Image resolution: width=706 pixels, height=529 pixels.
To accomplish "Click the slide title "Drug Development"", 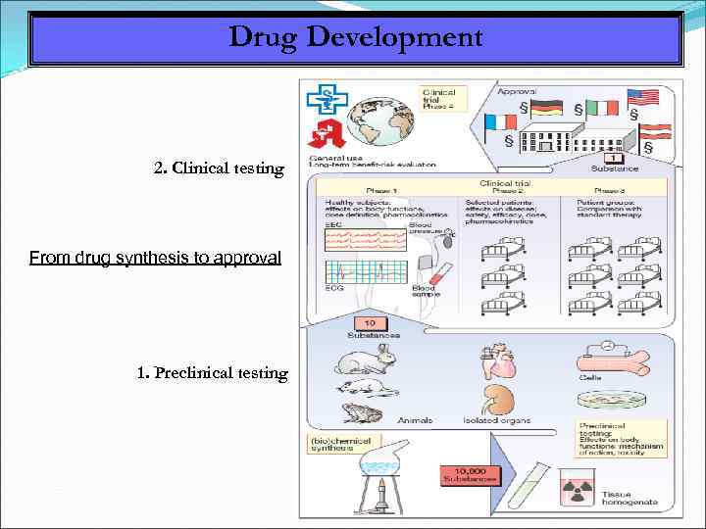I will click(355, 38).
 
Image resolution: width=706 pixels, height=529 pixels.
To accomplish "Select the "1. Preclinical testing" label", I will click(213, 372).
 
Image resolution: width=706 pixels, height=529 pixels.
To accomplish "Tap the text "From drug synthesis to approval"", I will click(155, 258).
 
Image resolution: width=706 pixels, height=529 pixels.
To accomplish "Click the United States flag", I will click(641, 96).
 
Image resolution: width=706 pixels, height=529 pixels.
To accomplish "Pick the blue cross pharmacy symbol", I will click(323, 98).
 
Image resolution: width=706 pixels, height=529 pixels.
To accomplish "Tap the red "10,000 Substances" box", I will click(470, 475).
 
